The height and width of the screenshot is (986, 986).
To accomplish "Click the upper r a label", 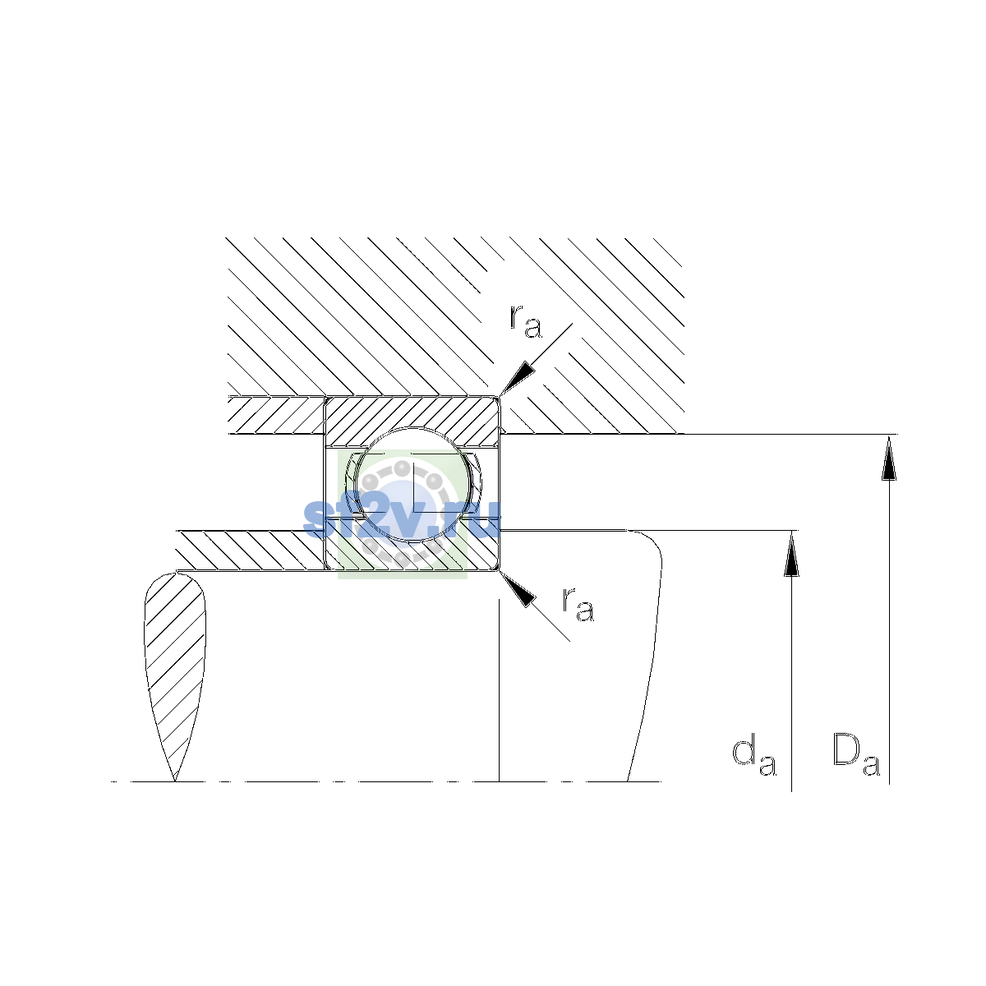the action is (526, 321).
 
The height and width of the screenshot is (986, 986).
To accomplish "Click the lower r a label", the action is (578, 604).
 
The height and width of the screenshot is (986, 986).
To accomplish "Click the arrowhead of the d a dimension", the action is (791, 553).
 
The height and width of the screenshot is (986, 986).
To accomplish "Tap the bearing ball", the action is (413, 484).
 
